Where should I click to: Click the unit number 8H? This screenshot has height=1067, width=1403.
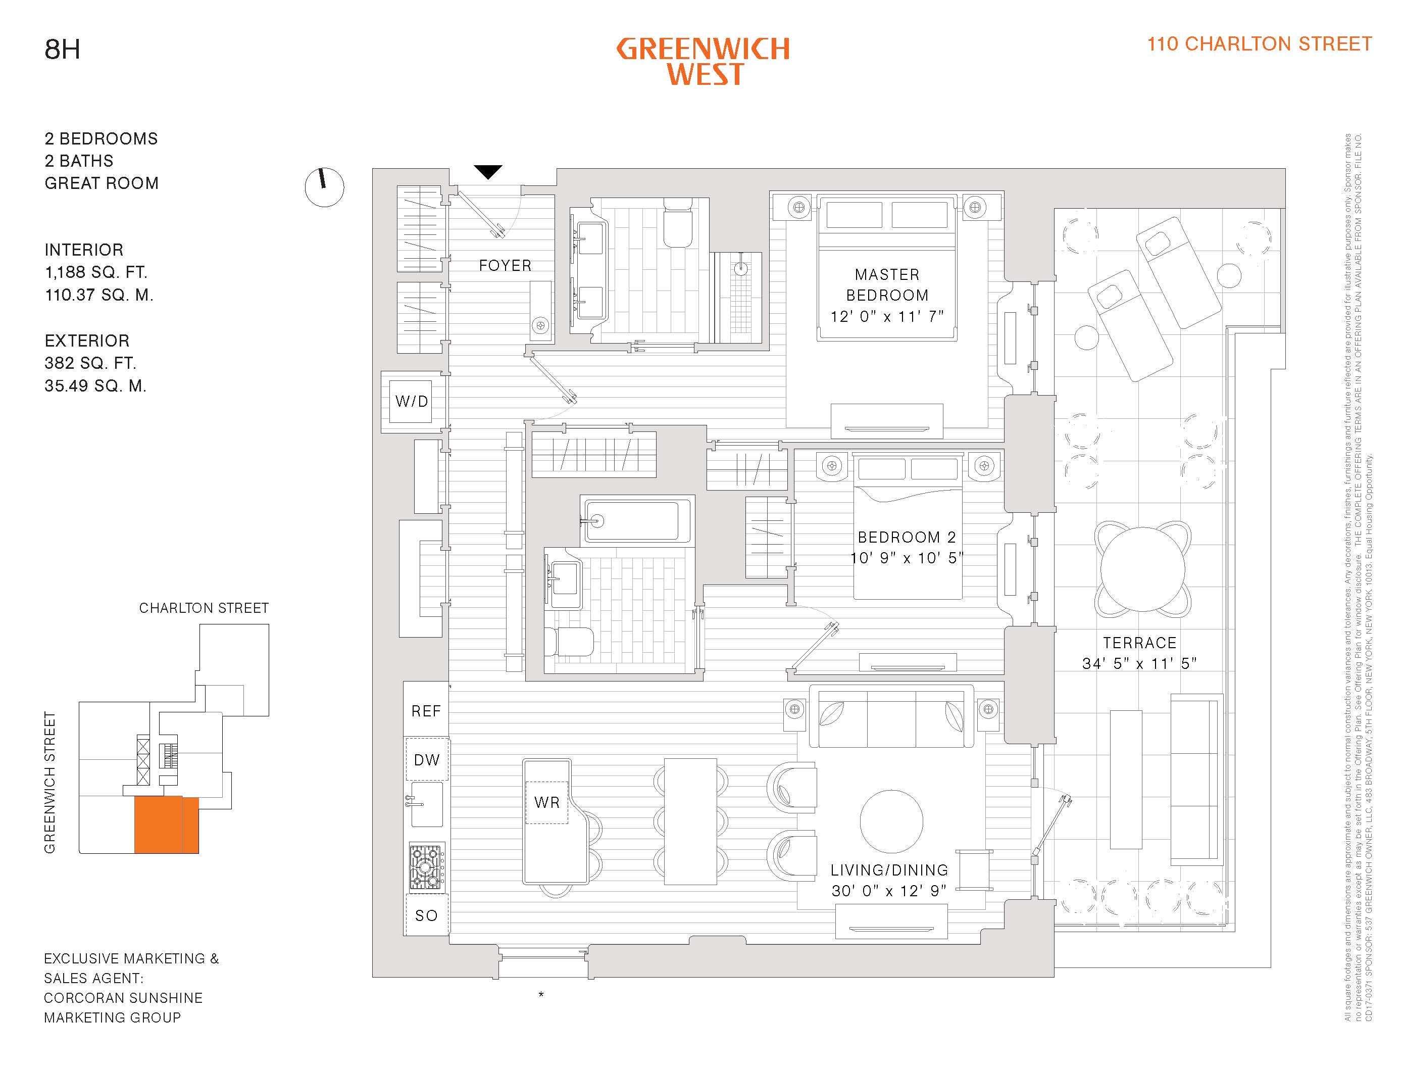[62, 50]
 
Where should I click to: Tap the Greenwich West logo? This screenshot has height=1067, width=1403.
[703, 62]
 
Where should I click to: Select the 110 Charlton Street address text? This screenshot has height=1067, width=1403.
[1259, 44]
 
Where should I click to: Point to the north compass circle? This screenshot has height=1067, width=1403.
[324, 187]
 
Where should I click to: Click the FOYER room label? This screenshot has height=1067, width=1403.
[505, 265]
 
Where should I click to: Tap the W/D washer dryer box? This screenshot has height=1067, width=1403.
[412, 402]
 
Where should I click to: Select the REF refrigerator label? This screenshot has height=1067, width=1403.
[426, 711]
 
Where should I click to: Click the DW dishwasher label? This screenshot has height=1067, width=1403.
[427, 760]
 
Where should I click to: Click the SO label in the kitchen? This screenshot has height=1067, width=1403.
[426, 915]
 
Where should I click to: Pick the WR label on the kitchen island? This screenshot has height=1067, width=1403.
[546, 802]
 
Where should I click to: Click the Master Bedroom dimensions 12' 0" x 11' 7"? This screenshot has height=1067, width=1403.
[887, 316]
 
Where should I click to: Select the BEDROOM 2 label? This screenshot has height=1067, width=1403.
[907, 538]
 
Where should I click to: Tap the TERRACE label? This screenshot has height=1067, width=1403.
[1139, 643]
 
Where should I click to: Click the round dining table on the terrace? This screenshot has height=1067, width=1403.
[1142, 570]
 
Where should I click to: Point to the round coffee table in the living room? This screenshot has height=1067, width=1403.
[891, 821]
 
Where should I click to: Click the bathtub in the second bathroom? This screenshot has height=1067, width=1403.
[637, 521]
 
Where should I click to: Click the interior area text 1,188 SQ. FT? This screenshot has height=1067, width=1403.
[96, 272]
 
